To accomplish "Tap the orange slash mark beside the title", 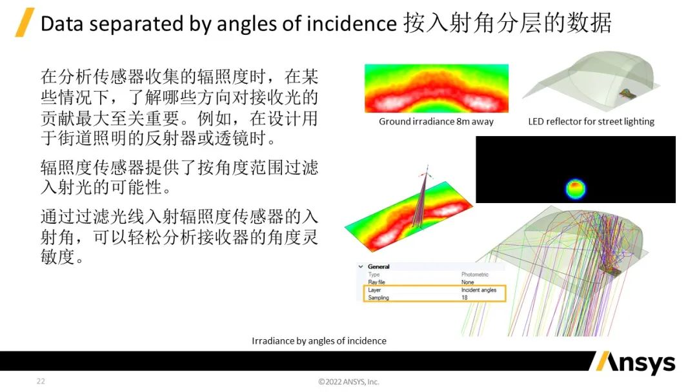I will pos(25,23).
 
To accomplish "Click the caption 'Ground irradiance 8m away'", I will pos(436,121).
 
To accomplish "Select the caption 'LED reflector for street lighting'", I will pos(591,121).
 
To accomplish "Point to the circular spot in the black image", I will pos(575,188).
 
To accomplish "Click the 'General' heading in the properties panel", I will pos(379,266).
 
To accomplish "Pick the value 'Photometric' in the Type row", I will pos(474,275).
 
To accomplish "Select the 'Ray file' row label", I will pos(376,282).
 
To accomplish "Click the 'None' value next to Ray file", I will pos(467,282).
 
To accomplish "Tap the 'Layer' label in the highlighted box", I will pos(374,290).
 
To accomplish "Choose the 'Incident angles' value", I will pos(478,290).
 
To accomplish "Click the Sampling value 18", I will pos(464,298).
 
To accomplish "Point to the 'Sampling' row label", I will pos(378,298).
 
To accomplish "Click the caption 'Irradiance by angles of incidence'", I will pos(319,340).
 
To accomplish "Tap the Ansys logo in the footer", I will pos(633,363).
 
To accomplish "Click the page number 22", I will pos(41,382).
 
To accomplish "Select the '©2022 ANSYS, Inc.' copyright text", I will pos(348,382).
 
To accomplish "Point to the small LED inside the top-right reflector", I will pos(625,94).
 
